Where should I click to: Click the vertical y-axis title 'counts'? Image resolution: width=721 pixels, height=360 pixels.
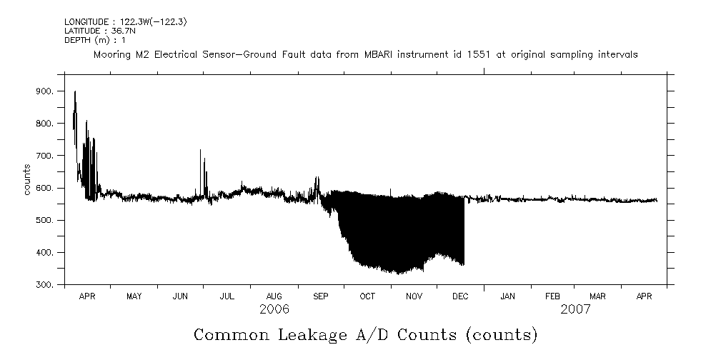[x=27, y=179]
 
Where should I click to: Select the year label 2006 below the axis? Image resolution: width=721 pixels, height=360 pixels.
[x=274, y=309]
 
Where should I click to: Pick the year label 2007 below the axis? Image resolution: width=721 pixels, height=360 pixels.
[x=575, y=309]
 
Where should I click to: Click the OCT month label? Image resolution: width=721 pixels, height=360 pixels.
[x=367, y=296]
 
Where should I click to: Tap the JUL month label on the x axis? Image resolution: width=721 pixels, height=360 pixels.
[x=227, y=296]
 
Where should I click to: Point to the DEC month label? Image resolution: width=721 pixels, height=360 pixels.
[x=460, y=296]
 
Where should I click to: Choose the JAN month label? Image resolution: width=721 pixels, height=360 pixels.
[x=507, y=296]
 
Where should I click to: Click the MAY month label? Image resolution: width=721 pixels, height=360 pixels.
[x=134, y=296]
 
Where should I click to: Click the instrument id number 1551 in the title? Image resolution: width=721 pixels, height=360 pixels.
[x=477, y=54]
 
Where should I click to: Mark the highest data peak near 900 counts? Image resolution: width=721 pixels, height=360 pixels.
[x=75, y=92]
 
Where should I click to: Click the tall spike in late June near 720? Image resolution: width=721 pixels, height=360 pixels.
[x=200, y=151]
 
